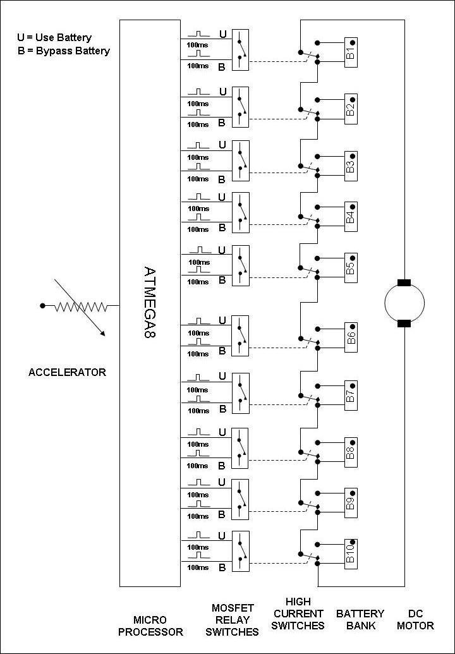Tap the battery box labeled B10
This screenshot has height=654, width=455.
tap(352, 552)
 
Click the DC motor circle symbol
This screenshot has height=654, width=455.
tap(404, 303)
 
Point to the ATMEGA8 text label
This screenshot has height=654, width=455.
tap(149, 303)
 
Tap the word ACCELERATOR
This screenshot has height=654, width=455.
tap(67, 372)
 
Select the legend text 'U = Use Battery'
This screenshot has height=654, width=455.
tap(54, 38)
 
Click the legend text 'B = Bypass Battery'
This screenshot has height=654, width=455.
tap(64, 51)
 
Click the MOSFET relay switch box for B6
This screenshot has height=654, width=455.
tap(240, 334)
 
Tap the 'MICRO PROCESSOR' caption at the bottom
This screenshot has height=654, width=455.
tap(150, 626)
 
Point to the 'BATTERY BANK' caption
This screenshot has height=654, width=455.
tap(360, 619)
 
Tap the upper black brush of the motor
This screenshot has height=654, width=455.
tap(404, 282)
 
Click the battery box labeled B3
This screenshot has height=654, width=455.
tap(352, 162)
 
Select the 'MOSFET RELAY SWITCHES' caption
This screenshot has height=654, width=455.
tap(235, 619)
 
